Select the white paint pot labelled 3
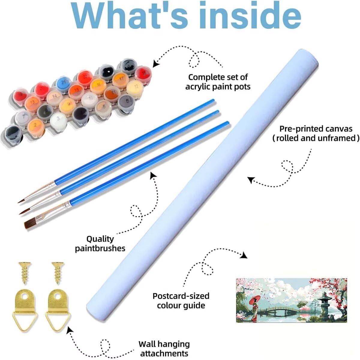coord(58,119)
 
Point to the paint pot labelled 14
coord(55,97)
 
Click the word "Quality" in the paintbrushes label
coord(100,239)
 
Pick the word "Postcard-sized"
coord(181,296)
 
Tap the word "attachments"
coord(164,353)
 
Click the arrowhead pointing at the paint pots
coord(155,63)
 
